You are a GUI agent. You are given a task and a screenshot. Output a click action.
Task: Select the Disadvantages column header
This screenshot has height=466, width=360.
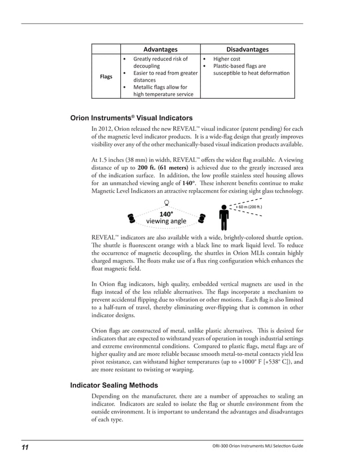click(x=247, y=49)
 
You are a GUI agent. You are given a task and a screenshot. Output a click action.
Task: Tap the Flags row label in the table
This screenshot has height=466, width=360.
click(x=106, y=76)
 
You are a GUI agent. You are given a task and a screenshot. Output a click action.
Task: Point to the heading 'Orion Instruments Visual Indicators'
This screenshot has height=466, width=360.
click(x=131, y=118)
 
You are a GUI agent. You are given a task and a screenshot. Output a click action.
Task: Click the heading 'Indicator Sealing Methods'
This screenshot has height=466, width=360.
click(x=113, y=386)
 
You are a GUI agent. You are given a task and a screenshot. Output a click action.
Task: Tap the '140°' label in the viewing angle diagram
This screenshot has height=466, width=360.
click(x=166, y=214)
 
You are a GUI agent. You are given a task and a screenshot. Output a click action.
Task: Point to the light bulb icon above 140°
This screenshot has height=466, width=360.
click(x=166, y=204)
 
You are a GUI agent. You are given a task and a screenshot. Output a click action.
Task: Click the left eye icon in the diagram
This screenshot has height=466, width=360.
click(x=131, y=217)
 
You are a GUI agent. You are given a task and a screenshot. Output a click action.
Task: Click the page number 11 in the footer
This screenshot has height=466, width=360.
click(x=25, y=447)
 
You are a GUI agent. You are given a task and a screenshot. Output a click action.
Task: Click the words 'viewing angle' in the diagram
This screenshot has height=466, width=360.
click(x=166, y=222)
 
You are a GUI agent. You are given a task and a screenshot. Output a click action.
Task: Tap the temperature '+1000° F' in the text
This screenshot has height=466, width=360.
click(x=235, y=362)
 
